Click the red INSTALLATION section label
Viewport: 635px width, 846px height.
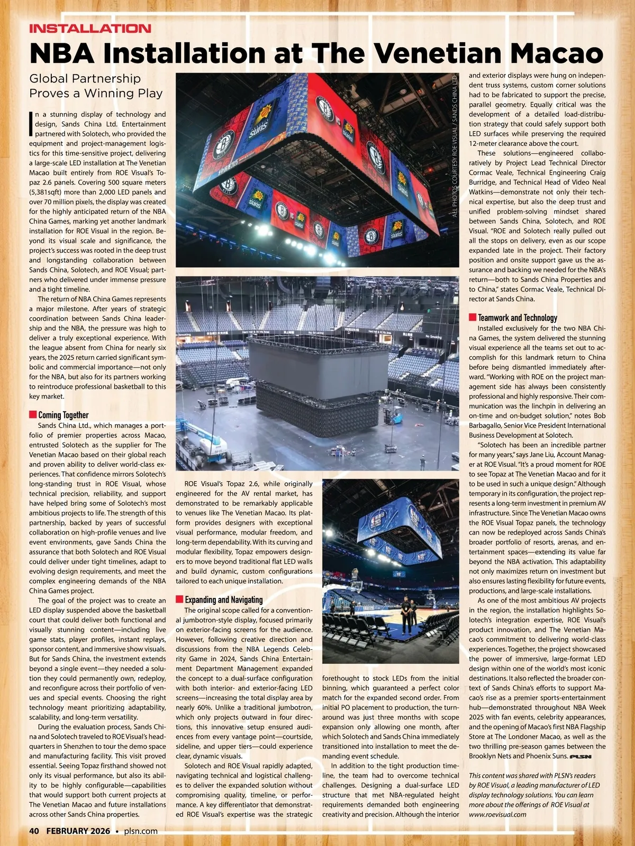tap(90, 29)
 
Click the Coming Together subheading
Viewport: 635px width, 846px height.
tap(63, 415)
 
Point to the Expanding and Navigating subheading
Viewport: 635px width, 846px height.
tap(223, 600)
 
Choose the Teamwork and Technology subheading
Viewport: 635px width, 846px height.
tap(517, 318)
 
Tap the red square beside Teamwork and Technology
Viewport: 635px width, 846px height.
tap(473, 317)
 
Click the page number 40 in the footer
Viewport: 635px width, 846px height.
tap(34, 831)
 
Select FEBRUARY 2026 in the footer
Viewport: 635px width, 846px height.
tap(78, 831)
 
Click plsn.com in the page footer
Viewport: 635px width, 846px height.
tap(141, 831)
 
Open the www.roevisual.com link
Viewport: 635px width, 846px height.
tap(497, 814)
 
